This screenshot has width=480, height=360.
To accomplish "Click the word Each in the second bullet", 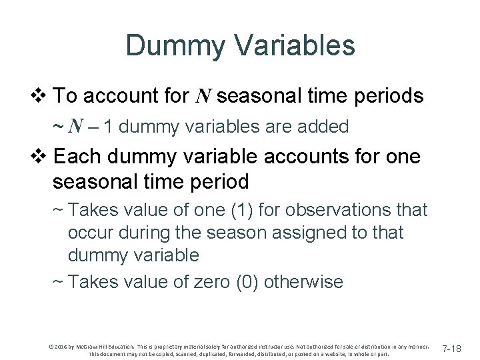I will coord(74,157).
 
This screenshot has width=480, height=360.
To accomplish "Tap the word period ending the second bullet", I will coord(216,181).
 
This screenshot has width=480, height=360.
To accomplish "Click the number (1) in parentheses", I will coord(239,210).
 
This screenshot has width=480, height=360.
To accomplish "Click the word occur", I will coord(91,233).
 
